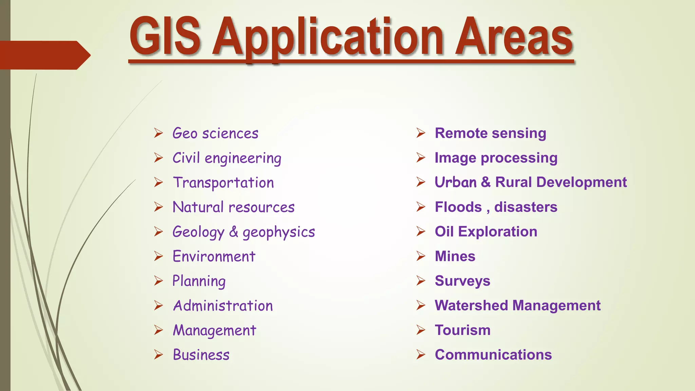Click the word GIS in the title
165,37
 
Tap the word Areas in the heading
514,37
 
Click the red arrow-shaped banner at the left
44,55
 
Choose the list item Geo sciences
215,133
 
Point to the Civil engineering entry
227,158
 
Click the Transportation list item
223,183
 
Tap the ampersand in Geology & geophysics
233,232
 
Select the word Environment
214,256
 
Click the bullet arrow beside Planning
158,281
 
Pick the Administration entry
223,306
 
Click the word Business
201,355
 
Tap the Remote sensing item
490,133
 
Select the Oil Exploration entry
486,231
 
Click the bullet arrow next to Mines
421,256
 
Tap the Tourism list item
463,330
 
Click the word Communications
493,355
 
